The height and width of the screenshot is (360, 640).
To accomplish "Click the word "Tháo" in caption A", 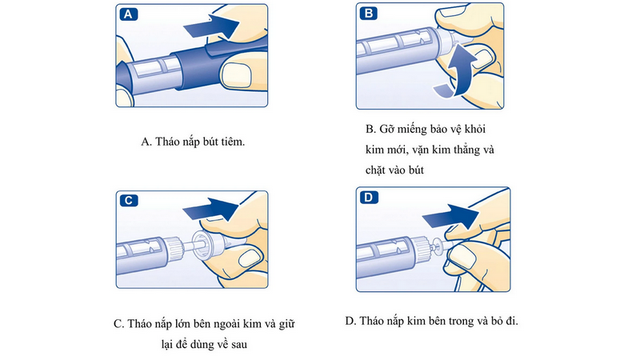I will point(170,142).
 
